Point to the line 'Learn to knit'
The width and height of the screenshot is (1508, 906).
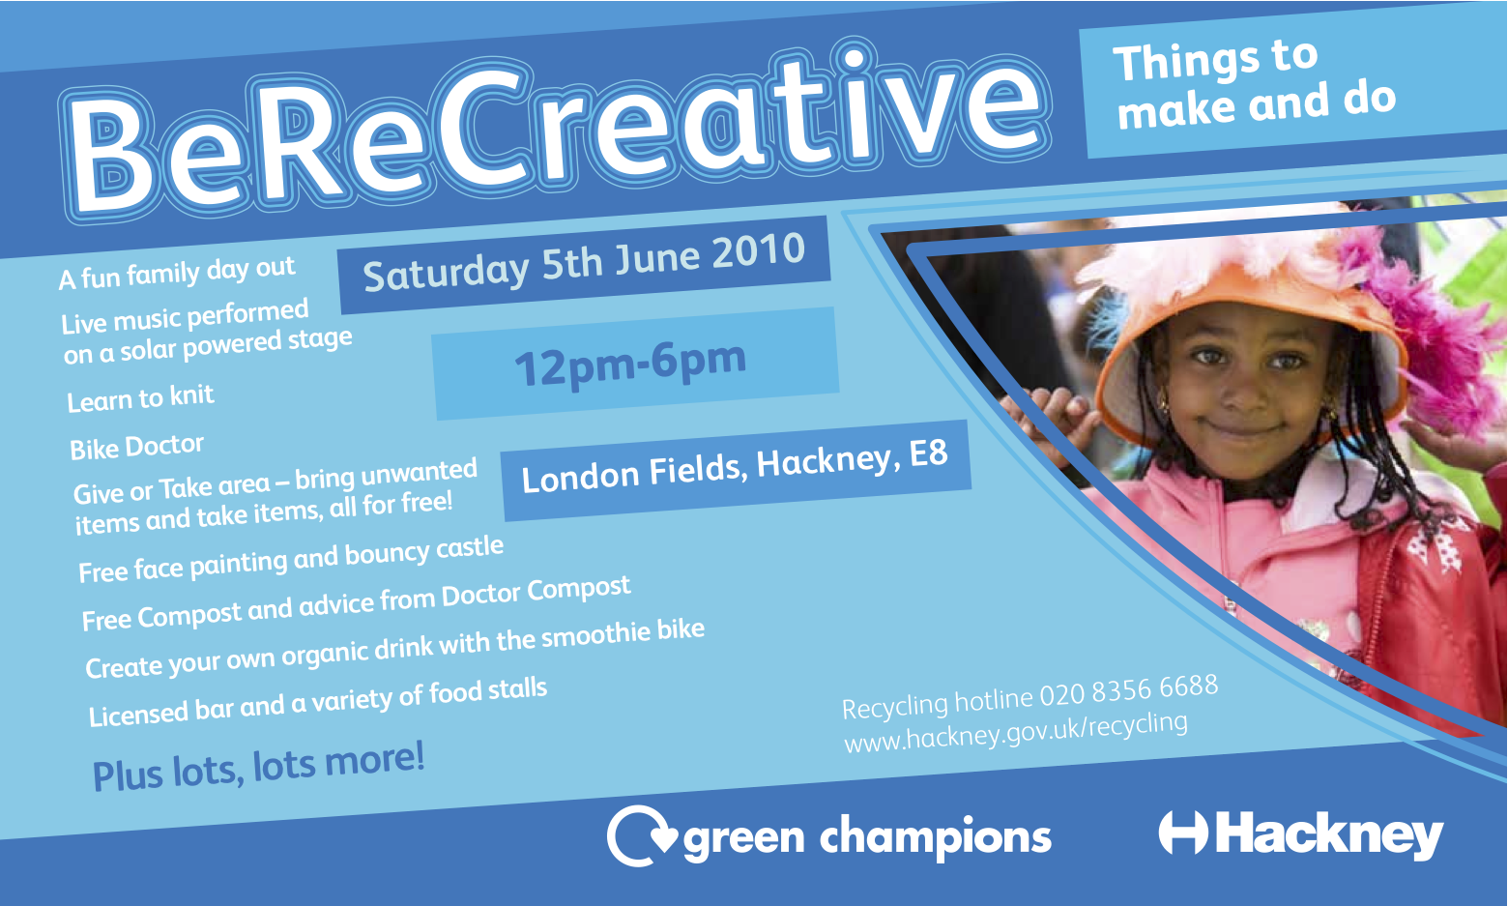coord(141,398)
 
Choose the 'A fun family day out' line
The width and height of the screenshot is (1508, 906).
coord(177,273)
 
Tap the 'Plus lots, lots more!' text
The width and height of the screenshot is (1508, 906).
coord(258,767)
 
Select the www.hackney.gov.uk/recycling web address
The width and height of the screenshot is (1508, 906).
coord(1016,732)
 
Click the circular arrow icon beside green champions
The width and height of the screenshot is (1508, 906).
coord(640,835)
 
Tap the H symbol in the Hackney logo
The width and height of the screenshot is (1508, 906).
coord(1183,833)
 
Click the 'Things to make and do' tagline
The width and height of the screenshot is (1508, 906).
coord(1254,85)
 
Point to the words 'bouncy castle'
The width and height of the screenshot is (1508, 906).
coord(424,552)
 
